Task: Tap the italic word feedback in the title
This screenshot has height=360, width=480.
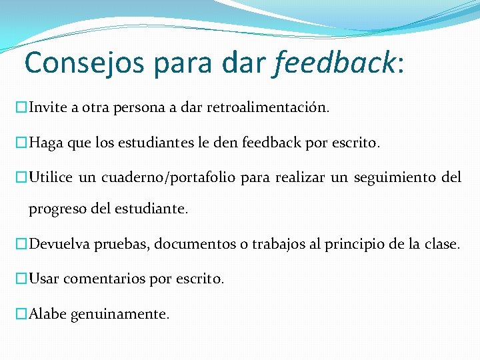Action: (335, 63)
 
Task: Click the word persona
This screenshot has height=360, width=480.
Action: (145, 107)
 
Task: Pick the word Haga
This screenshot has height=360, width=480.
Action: (46, 142)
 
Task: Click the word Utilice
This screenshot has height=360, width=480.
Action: (51, 177)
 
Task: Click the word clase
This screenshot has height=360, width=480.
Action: (441, 244)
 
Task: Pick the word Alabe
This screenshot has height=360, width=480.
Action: (49, 314)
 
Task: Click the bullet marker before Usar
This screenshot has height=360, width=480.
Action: (21, 279)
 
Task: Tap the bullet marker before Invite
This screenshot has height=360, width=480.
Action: (21, 107)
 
